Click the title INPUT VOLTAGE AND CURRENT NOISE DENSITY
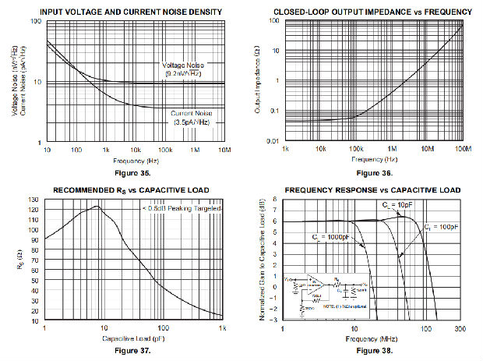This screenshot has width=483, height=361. (135, 11)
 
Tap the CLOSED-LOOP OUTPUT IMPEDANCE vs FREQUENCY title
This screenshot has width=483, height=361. (372, 11)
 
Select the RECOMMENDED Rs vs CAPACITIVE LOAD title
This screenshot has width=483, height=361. (134, 190)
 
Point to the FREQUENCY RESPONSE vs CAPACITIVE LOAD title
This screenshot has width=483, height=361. (372, 190)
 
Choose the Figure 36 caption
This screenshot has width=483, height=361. (374, 172)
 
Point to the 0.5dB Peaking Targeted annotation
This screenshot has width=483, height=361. (182, 209)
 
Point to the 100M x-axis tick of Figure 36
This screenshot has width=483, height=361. (463, 149)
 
